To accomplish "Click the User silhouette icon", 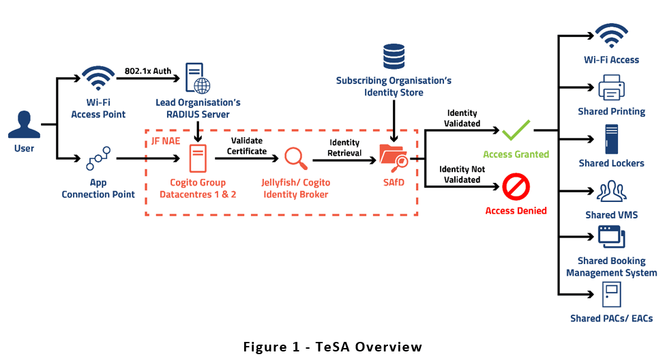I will click(23, 126).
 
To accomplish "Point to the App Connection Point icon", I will click(98, 159).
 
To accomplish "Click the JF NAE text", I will click(166, 140).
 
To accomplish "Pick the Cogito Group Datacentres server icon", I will click(197, 158).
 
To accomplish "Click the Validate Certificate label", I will click(246, 145).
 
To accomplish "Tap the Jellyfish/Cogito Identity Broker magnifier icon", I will click(295, 158).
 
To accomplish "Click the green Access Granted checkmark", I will click(516, 130).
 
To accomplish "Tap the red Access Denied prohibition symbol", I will click(516, 186).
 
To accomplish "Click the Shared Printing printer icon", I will click(611, 88).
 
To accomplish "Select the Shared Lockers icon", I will click(611, 138).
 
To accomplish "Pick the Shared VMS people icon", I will click(611, 191).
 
